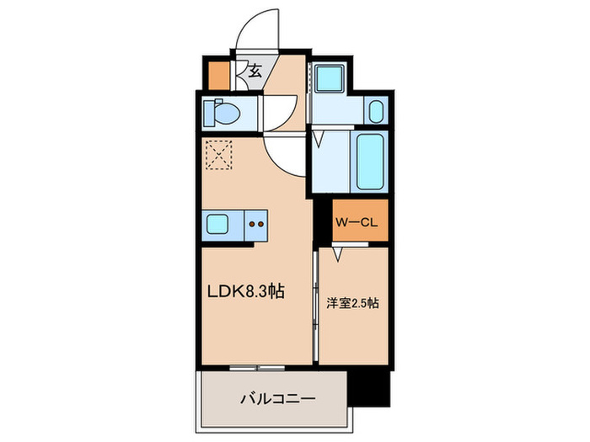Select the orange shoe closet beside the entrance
click(218, 76)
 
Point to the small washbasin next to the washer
click(376, 110)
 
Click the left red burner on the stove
click(252, 225)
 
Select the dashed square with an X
click(219, 155)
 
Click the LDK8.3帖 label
click(245, 292)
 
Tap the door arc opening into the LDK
click(282, 156)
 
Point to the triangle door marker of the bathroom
click(321, 140)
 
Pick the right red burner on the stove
click(261, 225)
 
